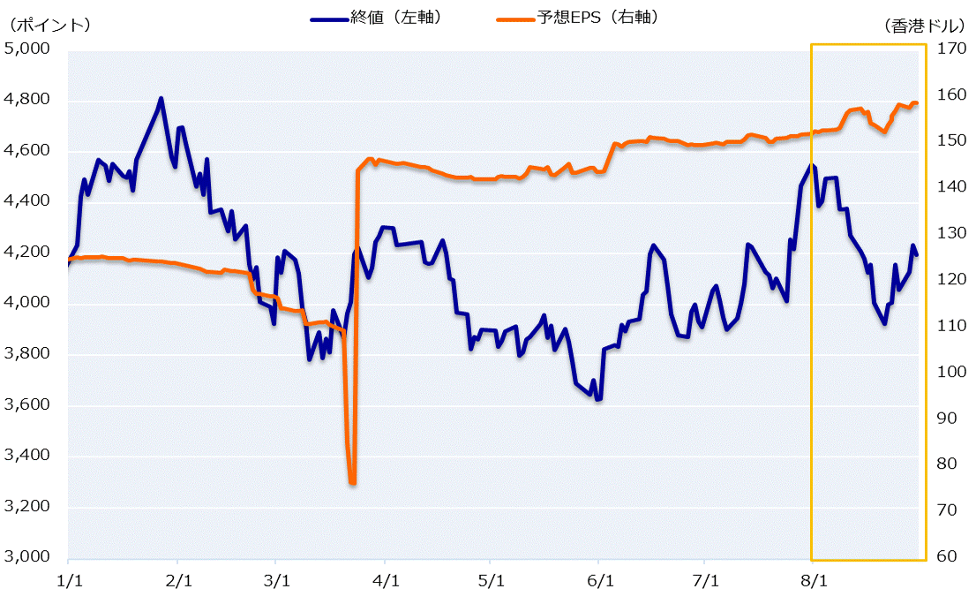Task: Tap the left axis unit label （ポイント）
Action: tap(49, 25)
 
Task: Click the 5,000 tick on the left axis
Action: tap(30, 49)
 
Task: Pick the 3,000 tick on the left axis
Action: tap(30, 557)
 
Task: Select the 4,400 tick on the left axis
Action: tap(30, 202)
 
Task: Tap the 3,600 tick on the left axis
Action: tap(30, 405)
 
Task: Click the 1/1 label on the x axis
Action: tap(68, 582)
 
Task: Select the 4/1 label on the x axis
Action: tap(386, 582)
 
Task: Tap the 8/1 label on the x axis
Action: tap(813, 582)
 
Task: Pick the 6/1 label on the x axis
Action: tap(599, 582)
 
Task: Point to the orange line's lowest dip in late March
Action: tap(352, 482)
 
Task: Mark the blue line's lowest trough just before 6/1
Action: tap(597, 399)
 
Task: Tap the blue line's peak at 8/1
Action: tap(811, 165)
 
